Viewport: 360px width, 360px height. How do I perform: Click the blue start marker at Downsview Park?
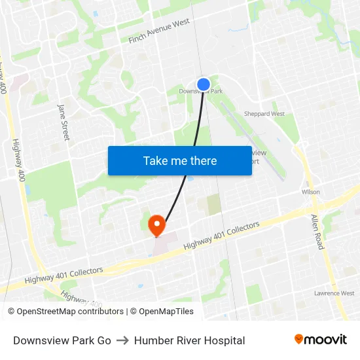pos(204,84)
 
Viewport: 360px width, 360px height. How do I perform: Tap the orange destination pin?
pos(156,225)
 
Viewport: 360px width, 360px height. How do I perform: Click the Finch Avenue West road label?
pos(160,31)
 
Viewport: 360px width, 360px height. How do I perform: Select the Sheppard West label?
pos(264,114)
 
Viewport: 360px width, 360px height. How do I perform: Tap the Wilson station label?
pos(310,192)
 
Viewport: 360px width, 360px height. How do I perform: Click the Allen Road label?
pos(317,231)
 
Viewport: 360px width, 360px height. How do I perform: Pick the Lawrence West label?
pos(334,293)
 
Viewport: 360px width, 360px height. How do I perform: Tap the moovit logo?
pos(321,339)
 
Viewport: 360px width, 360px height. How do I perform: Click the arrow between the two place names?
pos(122,340)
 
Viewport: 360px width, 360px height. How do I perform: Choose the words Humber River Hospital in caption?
pos(189,340)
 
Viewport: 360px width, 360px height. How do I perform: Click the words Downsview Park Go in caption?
pos(62,340)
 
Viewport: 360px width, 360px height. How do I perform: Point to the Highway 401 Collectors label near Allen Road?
pos(222,235)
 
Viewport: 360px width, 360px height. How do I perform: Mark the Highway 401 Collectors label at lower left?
pos(64,275)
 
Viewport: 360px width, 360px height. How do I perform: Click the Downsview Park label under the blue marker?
pos(201,92)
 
